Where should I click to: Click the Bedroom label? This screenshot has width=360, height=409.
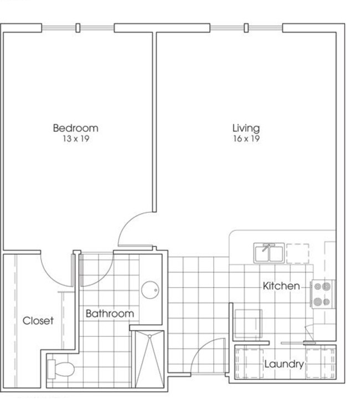point(75,128)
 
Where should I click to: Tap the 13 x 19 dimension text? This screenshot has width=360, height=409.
point(76,139)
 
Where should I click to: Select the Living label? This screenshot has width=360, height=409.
point(246,128)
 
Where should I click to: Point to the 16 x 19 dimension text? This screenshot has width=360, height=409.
point(246,139)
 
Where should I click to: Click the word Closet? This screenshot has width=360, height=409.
point(38,320)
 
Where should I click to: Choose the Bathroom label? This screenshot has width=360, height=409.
point(110,313)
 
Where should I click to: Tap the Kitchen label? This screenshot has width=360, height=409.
point(281,286)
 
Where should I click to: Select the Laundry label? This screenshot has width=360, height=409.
point(284,364)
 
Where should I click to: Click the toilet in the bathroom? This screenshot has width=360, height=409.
point(61,369)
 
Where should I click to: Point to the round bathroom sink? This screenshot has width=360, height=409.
point(150,290)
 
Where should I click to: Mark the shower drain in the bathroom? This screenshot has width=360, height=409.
point(150,336)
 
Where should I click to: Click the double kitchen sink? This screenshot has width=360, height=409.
point(269,253)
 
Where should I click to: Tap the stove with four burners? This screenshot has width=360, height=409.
point(322,294)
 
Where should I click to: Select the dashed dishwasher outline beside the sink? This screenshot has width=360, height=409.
point(298,253)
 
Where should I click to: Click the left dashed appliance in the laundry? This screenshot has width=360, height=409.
point(249,364)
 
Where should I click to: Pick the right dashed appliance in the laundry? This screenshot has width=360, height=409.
point(320,364)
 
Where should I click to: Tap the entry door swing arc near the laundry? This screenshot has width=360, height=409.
point(200,349)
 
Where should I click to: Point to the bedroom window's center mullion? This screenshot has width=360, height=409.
point(78,28)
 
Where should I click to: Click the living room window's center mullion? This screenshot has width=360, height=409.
point(246,28)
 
